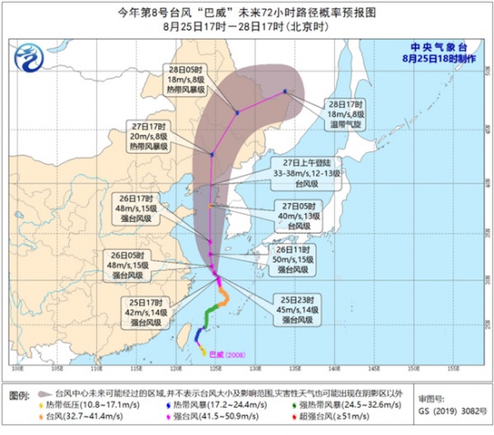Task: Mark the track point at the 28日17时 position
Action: (x=285, y=91)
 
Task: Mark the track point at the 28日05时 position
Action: (x=236, y=112)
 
